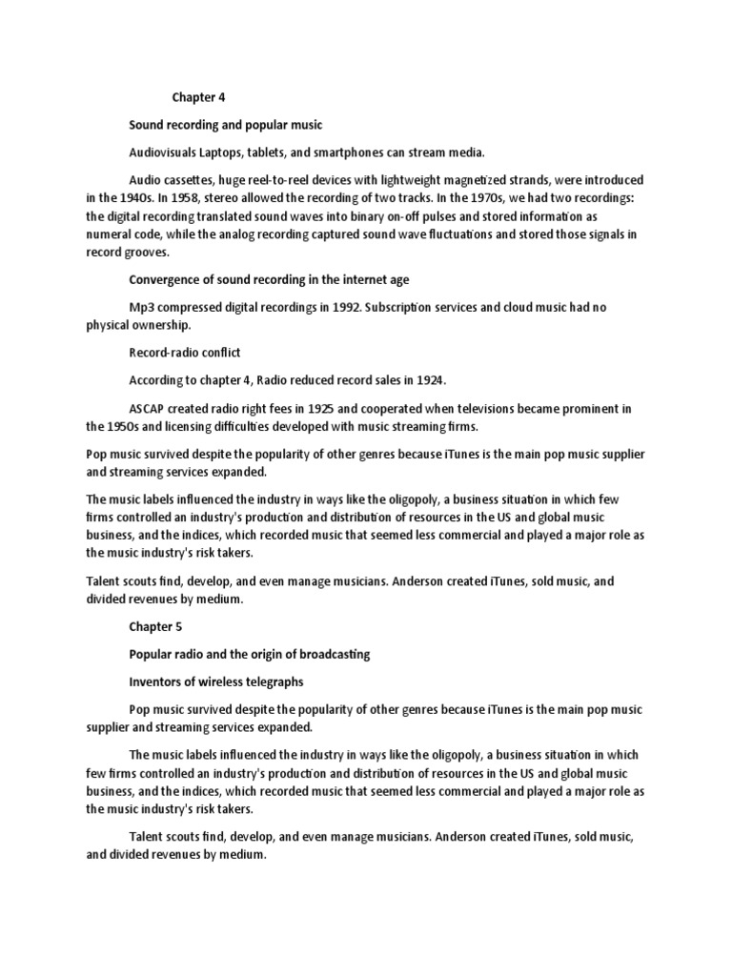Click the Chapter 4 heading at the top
(198, 97)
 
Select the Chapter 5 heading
(155, 627)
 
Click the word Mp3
(142, 307)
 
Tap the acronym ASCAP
(147, 408)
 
